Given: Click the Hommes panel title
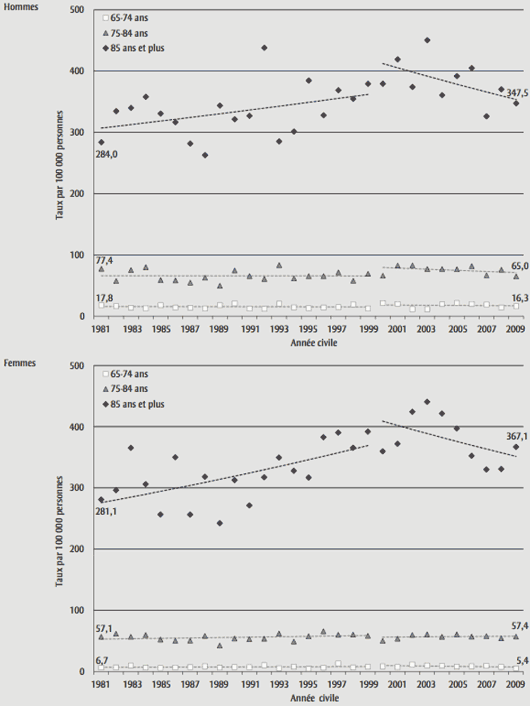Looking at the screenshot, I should coord(21,7).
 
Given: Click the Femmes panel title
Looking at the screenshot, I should coord(20,363).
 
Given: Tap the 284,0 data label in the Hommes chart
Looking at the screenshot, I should coord(107,154).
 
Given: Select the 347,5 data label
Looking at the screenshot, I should coord(517,93).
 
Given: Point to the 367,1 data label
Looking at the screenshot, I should coord(517,436).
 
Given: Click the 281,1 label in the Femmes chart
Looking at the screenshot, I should coord(107,511).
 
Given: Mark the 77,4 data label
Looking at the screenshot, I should coord(104,261).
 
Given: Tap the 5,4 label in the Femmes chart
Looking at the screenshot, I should coord(520,660).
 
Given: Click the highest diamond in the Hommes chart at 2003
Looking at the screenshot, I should coord(427,40).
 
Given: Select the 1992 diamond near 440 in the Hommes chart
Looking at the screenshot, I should coord(264,48).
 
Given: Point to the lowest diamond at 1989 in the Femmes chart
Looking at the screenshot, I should coord(219,523).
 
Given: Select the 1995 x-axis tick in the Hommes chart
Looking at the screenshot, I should coord(308,329).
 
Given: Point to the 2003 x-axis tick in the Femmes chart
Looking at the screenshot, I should coord(426,685).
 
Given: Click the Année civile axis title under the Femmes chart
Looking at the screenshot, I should coord(314,698).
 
